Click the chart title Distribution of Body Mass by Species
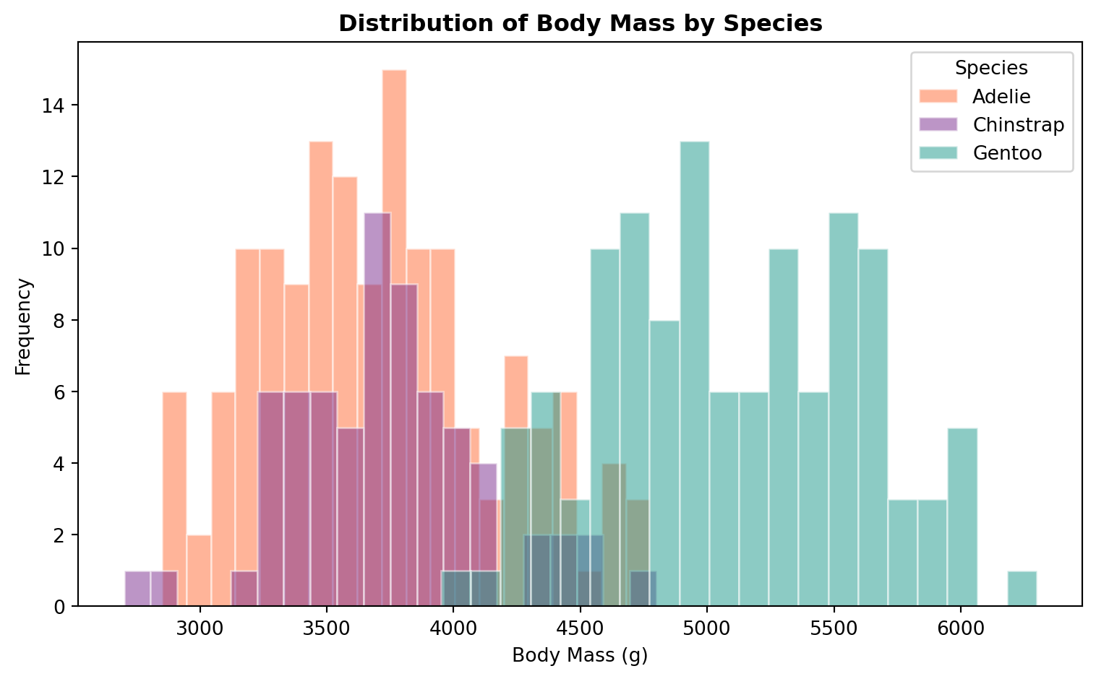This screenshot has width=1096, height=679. [581, 24]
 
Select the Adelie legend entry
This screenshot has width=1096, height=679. [1001, 96]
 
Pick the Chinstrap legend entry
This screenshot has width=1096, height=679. [1018, 125]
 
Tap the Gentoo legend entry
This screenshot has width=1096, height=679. [1007, 153]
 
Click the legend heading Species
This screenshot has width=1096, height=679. [991, 68]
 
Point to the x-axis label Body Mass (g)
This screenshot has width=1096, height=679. [580, 656]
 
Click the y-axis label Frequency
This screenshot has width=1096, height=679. [24, 326]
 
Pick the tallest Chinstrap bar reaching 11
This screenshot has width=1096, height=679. [377, 246]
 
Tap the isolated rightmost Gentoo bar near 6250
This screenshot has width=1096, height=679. [1022, 589]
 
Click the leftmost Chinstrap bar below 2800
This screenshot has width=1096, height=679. [137, 589]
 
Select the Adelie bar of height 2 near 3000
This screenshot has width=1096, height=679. [199, 571]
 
